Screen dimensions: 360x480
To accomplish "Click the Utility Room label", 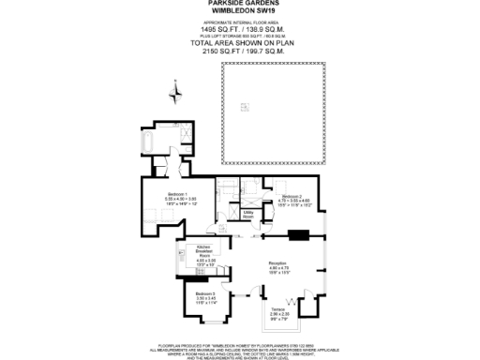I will point(249,215).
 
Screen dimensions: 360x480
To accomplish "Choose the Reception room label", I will point(277,263).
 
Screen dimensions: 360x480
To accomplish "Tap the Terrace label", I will point(278,307).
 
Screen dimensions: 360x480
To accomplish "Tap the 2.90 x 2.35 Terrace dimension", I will point(278,313).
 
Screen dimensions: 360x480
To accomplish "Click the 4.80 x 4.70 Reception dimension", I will point(277,269).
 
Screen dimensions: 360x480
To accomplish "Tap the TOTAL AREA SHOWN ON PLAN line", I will point(239,44).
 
